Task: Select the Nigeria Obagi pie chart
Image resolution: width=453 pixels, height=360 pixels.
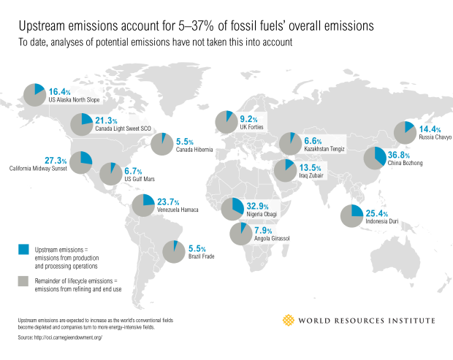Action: pos(232,208)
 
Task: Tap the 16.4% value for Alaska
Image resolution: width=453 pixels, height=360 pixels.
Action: pos(58,92)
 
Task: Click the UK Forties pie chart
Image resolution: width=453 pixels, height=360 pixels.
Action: pos(225,120)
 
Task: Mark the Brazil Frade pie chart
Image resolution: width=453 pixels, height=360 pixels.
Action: pos(174,251)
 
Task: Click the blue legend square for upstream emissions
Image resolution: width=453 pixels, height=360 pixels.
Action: pos(24,250)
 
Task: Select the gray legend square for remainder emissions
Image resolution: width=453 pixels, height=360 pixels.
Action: pos(24,280)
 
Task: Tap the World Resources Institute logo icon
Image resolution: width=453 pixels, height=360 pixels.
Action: pos(291,320)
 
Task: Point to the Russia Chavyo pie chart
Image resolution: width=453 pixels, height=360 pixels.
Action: pos(405,131)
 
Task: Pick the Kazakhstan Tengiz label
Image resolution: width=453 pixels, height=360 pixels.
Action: pos(324,148)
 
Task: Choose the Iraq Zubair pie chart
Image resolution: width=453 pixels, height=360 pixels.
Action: pos(283,171)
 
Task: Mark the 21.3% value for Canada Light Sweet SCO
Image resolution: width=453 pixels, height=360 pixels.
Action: pos(107,120)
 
